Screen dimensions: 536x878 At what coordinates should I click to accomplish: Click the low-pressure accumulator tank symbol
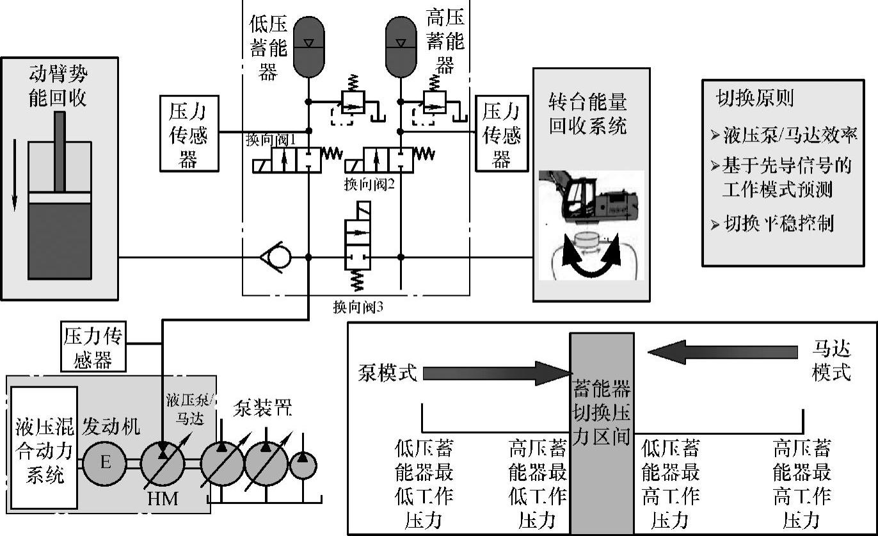tap(309, 46)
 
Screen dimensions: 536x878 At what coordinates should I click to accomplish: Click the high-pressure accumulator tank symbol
tap(401, 46)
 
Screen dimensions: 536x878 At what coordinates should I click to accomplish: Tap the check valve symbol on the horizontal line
tap(276, 257)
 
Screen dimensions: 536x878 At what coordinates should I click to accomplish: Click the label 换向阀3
tap(358, 307)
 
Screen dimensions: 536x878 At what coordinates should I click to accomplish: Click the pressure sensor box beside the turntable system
tap(502, 133)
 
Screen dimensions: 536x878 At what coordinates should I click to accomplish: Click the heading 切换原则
tap(754, 98)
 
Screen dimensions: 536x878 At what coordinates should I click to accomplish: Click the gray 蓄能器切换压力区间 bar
tap(602, 433)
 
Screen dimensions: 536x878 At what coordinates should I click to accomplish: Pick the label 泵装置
tap(262, 409)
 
